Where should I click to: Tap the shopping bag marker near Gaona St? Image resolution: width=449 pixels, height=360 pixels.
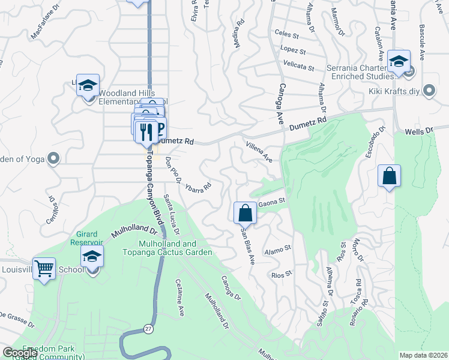tap(245, 212)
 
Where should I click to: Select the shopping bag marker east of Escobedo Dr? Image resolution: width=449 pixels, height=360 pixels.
tap(390, 176)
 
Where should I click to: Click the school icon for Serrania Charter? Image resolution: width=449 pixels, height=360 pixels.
tap(398, 61)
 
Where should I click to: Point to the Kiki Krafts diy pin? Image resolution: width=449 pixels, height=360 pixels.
tap(429, 91)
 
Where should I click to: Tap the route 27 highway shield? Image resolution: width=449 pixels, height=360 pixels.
tap(148, 329)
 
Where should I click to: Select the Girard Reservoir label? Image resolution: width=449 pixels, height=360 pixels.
tap(86, 238)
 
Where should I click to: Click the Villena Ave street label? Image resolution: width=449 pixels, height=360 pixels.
tap(259, 152)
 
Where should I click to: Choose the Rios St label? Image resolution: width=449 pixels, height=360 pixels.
tap(281, 274)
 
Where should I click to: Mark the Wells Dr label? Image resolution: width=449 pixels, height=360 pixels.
tap(418, 131)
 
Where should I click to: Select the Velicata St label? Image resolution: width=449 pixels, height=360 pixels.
tap(299, 67)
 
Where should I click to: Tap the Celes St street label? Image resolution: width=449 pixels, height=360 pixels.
tap(286, 33)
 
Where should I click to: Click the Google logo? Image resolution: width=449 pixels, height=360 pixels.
tap(20, 353)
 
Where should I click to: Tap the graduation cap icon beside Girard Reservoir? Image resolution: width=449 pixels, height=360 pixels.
tap(92, 257)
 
